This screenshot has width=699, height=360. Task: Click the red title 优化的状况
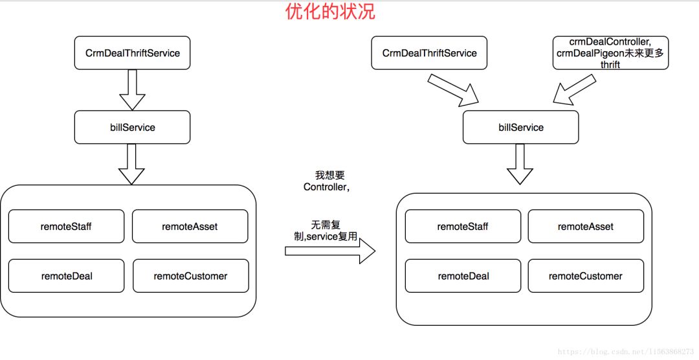tap(330, 11)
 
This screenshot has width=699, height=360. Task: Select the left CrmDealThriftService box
tap(133, 53)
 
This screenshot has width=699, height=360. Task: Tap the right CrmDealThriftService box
tap(429, 53)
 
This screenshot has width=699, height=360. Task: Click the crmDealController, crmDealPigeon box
tap(610, 53)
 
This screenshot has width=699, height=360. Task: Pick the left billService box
tap(133, 128)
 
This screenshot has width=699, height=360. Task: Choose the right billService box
tap(521, 128)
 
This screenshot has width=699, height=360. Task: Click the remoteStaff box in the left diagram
tap(66, 227)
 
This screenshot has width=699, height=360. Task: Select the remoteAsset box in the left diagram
tap(190, 227)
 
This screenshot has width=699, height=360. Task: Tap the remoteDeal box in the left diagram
tap(66, 276)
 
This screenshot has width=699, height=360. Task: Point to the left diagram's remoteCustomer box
tap(190, 276)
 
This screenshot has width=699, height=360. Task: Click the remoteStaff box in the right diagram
tap(462, 227)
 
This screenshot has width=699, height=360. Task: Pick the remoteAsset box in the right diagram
tap(586, 227)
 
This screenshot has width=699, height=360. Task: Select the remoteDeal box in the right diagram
tap(463, 276)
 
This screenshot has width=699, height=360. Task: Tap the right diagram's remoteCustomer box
tap(586, 276)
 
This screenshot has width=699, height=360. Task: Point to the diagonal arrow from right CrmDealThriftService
tap(453, 89)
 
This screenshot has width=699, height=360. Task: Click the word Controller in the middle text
tap(326, 187)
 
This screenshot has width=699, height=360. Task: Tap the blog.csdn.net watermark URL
tap(625, 352)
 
